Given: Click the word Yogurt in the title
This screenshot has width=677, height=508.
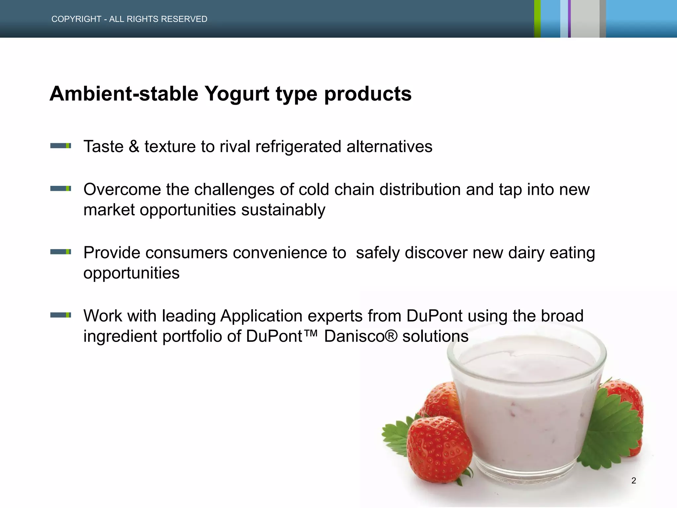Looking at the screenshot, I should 237,94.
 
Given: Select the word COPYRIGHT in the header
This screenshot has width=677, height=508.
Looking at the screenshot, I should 76,19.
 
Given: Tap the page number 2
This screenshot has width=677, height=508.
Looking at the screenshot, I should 633,481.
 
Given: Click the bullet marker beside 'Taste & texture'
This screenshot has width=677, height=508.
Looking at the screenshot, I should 60,146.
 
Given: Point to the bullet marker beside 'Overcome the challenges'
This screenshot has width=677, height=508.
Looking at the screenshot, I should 60,189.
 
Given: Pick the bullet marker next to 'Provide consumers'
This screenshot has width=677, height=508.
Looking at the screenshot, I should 60,252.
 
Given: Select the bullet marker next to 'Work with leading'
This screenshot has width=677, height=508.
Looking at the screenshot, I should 60,315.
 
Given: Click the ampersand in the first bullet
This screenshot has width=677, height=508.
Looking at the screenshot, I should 134,146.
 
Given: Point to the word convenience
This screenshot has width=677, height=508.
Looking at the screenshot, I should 289,253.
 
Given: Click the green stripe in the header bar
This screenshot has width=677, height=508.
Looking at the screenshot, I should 537,19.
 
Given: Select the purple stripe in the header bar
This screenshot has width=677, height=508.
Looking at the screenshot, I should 569,19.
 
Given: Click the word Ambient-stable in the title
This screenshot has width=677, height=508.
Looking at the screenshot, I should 124,94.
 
